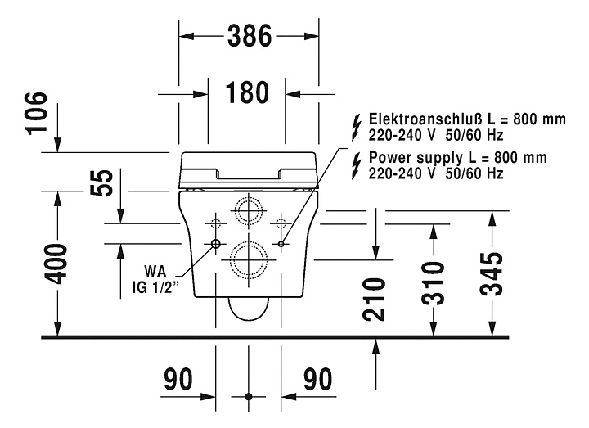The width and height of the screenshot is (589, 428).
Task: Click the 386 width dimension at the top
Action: point(249,35)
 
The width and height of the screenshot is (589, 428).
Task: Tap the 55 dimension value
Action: point(101,184)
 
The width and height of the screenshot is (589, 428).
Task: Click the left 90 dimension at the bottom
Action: point(178,379)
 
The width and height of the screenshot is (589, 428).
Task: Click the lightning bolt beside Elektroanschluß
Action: point(354,126)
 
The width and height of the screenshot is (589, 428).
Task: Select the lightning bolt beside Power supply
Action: point(354,165)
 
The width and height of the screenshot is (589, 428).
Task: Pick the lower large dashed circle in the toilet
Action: point(248,260)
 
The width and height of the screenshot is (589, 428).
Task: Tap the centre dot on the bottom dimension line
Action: point(249,396)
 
